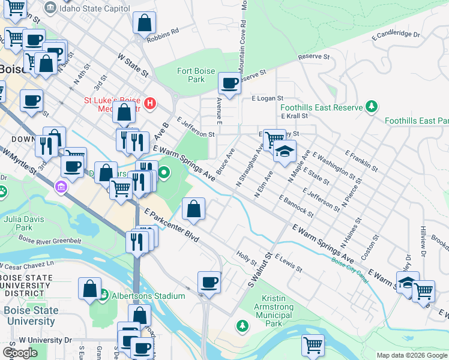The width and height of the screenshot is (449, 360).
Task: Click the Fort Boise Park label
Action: pyautogui.click(x=191, y=75)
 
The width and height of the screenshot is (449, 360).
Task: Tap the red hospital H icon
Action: pyautogui.click(x=149, y=104)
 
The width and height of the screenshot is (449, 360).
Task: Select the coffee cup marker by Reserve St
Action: pyautogui.click(x=229, y=84)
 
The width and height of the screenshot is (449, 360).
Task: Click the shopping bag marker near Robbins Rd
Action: pyautogui.click(x=145, y=25)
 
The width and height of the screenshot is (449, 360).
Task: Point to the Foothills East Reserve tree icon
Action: pyautogui.click(x=372, y=107)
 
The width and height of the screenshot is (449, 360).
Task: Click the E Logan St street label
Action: pyautogui.click(x=267, y=98)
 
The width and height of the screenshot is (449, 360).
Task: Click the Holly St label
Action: pyautogui.click(x=247, y=259)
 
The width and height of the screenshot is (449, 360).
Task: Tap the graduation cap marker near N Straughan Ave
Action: pyautogui.click(x=285, y=150)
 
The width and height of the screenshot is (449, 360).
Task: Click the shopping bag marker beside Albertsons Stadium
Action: pyautogui.click(x=89, y=289)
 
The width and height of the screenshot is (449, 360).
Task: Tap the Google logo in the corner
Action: pyautogui.click(x=20, y=353)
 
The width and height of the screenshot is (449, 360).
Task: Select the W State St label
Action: pyautogui.click(x=133, y=65)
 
